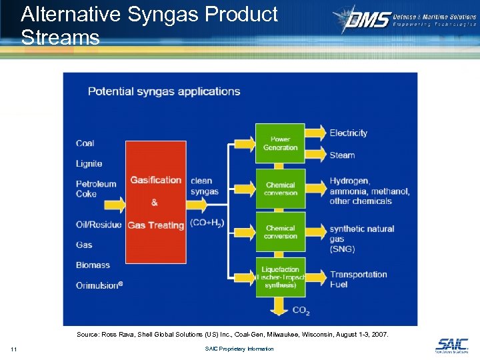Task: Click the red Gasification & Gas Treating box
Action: [x=155, y=202]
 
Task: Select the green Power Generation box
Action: [x=280, y=143]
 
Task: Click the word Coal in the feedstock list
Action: [x=85, y=143]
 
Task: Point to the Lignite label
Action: [x=89, y=163]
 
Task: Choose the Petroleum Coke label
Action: [x=95, y=189]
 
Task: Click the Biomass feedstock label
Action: [x=93, y=265]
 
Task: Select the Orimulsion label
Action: [x=99, y=285]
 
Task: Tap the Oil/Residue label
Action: [x=98, y=225]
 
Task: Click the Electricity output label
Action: [x=348, y=133]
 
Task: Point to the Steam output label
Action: [x=342, y=155]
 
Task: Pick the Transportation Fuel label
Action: [x=357, y=279]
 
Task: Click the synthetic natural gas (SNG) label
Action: [x=361, y=239]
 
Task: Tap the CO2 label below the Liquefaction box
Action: [x=301, y=310]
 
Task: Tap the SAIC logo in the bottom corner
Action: [x=451, y=345]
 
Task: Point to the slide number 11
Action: [x=14, y=349]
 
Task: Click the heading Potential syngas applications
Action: [x=164, y=91]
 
